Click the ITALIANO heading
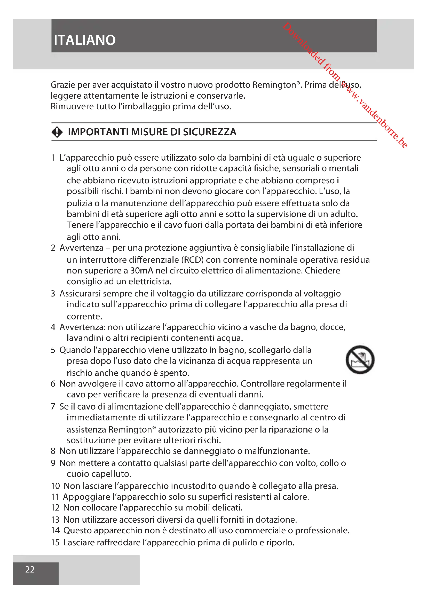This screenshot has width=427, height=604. [85, 40]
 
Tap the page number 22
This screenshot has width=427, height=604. [30, 570]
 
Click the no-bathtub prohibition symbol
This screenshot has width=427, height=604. [360, 360]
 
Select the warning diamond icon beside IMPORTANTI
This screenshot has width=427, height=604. [57, 132]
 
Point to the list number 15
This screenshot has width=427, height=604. [55, 543]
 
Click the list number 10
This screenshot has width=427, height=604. [56, 486]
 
